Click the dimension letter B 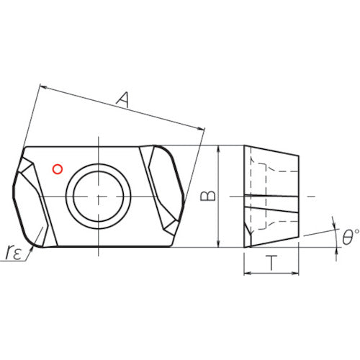tap(206, 196)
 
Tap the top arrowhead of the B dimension tap(218, 149)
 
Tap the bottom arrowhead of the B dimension tap(218, 244)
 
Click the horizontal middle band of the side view tap(271, 197)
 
